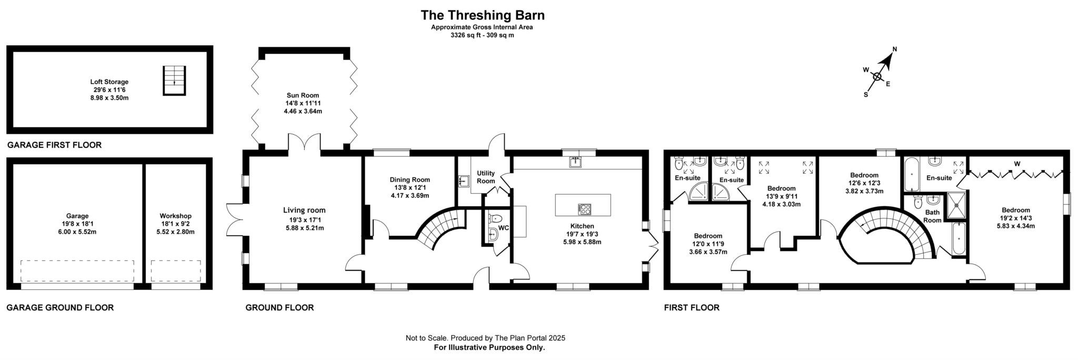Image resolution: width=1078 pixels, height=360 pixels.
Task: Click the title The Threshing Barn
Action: click(482, 15)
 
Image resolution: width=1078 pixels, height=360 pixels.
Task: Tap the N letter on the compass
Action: click(894, 49)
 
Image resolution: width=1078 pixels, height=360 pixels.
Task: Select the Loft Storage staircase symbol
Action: click(174, 81)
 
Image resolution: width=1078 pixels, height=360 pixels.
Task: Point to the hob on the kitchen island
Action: click(584, 208)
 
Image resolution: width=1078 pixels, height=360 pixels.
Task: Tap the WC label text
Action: click(504, 228)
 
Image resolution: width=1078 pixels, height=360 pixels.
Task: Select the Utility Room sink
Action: click(463, 181)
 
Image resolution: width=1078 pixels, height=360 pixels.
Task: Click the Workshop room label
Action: click(175, 216)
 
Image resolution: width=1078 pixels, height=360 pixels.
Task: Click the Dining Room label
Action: click(410, 179)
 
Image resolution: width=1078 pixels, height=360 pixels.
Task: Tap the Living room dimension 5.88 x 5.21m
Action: click(304, 228)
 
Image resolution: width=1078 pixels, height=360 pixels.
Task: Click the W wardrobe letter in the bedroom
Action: click(1017, 164)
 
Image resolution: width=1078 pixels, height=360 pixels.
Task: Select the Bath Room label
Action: click(932, 216)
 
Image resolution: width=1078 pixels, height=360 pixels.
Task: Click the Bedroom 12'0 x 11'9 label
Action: click(707, 236)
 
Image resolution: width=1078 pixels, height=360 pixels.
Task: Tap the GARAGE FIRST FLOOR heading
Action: click(54, 145)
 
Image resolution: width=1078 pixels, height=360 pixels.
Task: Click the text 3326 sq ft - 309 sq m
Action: click(482, 35)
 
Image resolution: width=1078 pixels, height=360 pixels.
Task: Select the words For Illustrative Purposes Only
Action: click(489, 347)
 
